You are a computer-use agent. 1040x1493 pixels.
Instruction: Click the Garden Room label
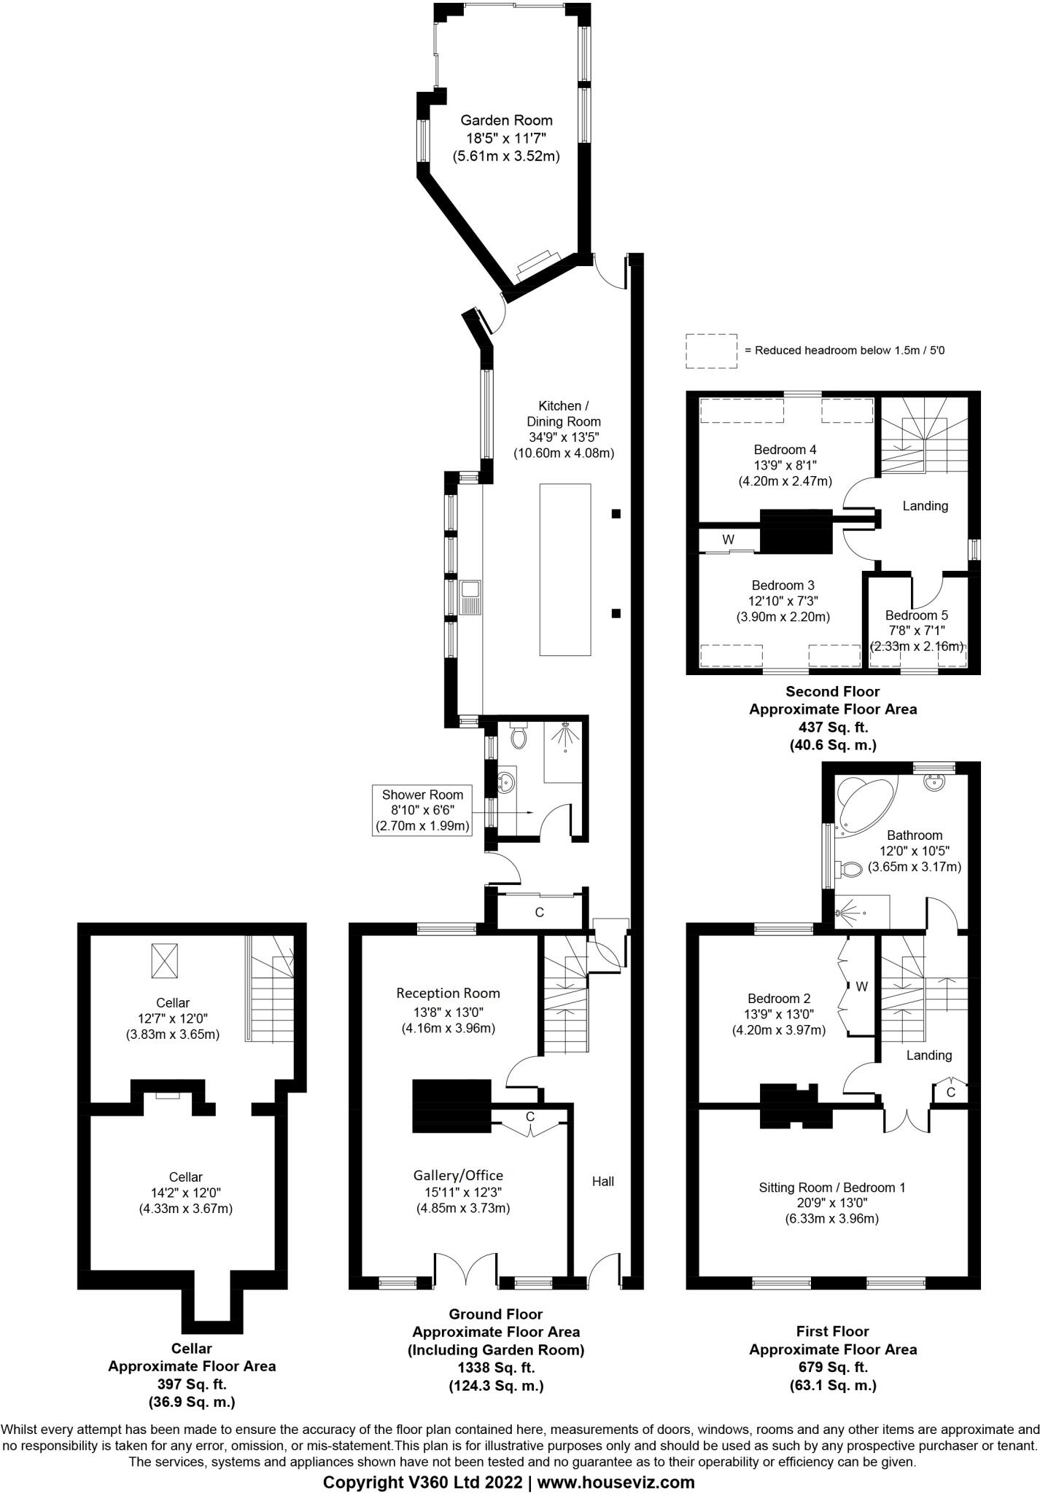(x=505, y=120)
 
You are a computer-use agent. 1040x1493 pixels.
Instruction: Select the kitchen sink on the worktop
(x=470, y=596)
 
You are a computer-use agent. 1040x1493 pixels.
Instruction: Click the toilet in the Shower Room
(x=519, y=737)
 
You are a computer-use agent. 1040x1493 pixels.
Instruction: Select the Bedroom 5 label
(x=917, y=615)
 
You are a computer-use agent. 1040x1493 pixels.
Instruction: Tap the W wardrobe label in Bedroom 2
(x=861, y=986)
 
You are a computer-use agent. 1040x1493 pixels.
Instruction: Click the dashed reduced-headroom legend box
(x=711, y=351)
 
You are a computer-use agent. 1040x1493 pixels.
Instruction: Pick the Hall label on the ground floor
(x=602, y=1181)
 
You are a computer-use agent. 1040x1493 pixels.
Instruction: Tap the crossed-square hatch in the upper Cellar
(x=164, y=961)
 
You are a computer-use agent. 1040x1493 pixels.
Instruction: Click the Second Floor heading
(x=832, y=691)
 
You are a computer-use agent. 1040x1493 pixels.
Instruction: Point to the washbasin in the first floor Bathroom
(x=934, y=782)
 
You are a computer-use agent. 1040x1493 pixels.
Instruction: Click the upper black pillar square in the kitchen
(x=616, y=514)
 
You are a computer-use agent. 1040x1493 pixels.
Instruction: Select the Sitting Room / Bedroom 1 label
(x=831, y=1187)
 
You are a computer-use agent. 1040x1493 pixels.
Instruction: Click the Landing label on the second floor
(x=925, y=505)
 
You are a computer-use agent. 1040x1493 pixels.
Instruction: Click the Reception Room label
(x=448, y=993)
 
